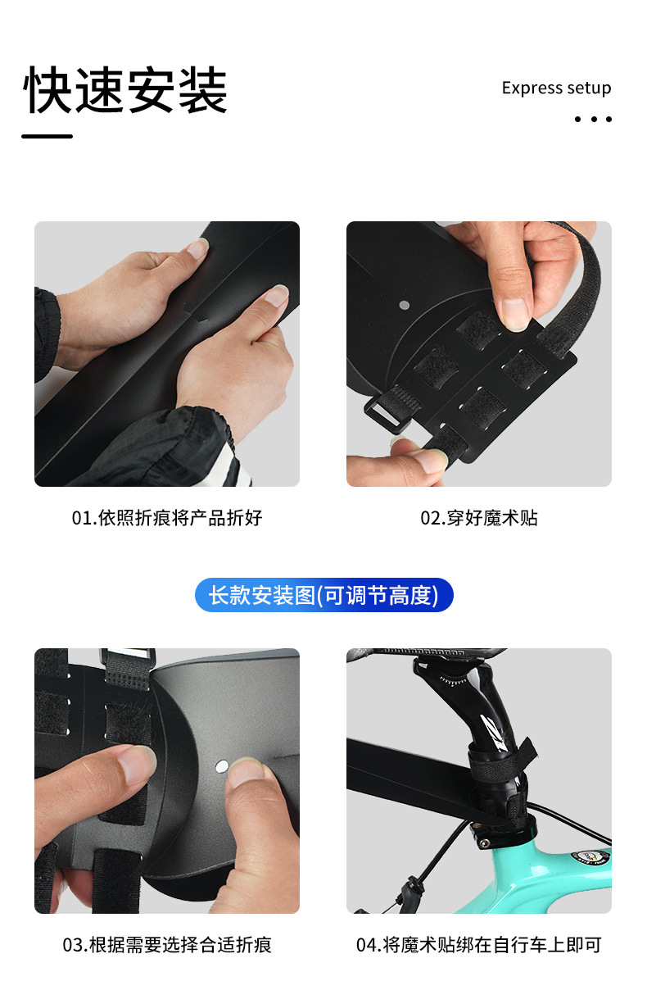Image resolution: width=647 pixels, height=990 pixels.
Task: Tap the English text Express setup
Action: (556, 88)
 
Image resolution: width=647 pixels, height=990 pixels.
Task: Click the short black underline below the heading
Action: (47, 136)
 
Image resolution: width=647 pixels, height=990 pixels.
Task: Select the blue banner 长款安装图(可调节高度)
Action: (323, 595)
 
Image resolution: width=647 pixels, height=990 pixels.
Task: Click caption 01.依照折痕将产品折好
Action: (167, 518)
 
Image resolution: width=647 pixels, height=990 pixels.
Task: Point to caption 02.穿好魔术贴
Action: (479, 518)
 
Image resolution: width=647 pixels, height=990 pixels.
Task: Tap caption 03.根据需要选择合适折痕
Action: (167, 945)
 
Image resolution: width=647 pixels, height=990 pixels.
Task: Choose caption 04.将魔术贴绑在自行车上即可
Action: (479, 945)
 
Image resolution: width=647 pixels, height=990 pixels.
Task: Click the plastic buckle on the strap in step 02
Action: (384, 414)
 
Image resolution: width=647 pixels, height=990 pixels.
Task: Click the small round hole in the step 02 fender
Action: (404, 305)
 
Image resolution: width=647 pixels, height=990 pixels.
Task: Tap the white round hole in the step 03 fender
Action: (222, 766)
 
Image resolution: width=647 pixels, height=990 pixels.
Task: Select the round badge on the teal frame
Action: (591, 856)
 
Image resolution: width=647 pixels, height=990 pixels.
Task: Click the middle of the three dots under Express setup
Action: (594, 119)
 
